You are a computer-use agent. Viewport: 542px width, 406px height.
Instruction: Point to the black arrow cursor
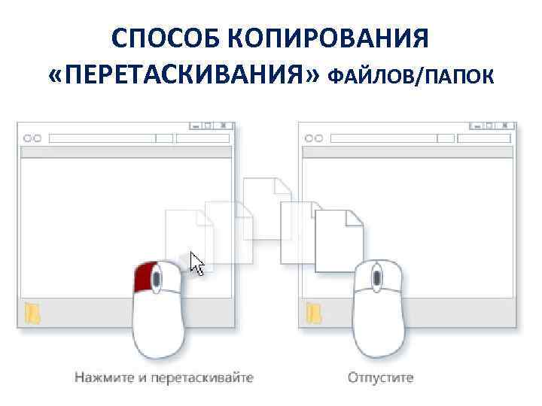[197, 264]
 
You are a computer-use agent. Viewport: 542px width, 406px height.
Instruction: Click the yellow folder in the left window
[32, 313]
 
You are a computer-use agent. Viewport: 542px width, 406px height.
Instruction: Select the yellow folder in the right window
[313, 313]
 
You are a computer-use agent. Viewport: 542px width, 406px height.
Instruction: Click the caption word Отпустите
[380, 377]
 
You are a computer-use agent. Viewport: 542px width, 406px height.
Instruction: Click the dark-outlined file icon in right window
[338, 240]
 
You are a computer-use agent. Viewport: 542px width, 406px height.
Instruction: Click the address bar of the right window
[381, 138]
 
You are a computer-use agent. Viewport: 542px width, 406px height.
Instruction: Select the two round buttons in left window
[33, 138]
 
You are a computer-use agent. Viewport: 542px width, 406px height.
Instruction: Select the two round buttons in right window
[313, 138]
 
